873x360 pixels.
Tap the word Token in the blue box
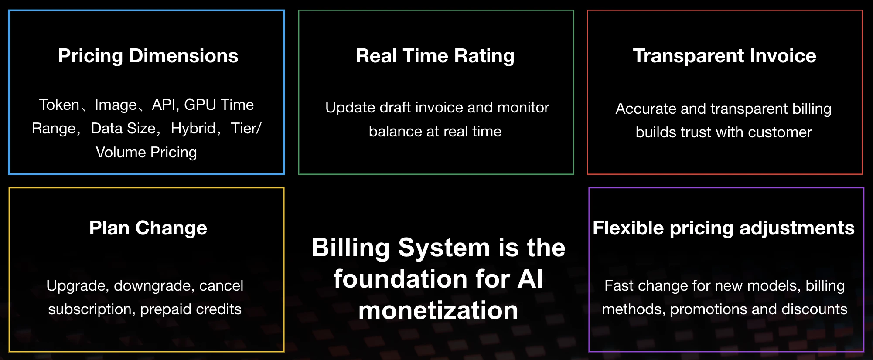point(59,105)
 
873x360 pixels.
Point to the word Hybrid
point(193,129)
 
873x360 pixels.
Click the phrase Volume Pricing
point(147,153)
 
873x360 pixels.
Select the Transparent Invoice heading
point(725,56)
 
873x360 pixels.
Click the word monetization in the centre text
point(438,311)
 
